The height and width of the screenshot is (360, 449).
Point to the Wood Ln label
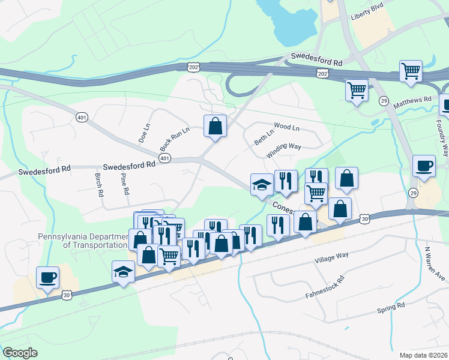point(286,127)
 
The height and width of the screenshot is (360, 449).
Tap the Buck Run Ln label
point(174,139)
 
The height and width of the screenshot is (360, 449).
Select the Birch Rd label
point(99,185)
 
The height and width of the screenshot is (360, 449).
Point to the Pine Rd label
point(125,183)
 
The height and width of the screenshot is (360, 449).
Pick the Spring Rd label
point(391,308)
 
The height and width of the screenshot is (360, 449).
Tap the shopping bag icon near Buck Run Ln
point(215,126)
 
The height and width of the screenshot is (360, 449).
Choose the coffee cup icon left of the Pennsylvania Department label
point(47,277)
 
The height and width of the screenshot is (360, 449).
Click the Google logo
point(20,353)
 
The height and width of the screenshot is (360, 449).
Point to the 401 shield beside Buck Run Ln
point(163,157)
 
